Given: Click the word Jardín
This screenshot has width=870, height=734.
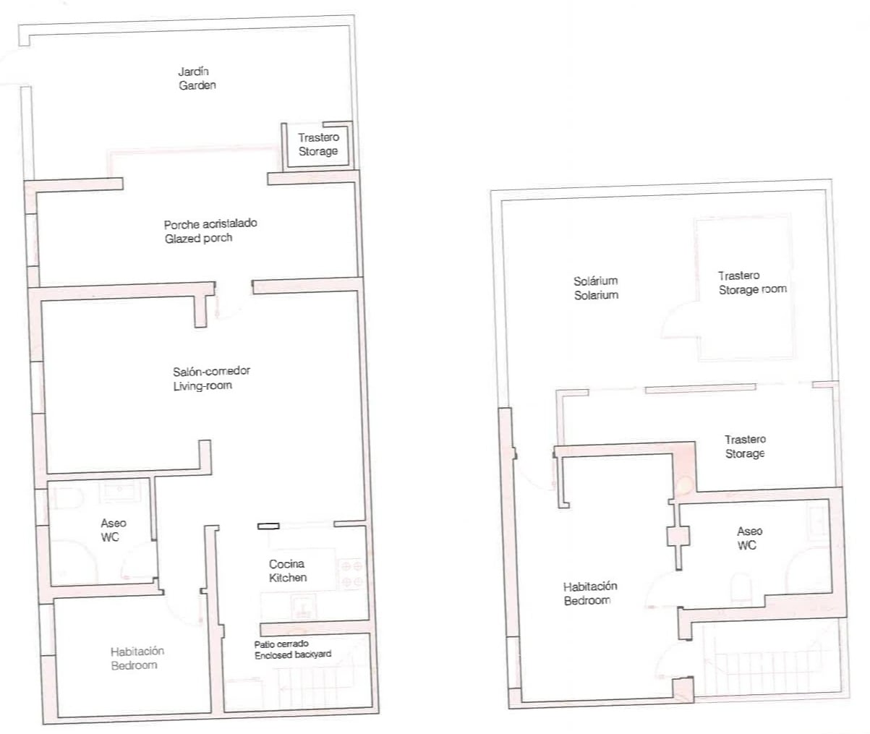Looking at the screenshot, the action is point(193,72).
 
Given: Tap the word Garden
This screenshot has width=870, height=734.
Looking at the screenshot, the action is point(197,85).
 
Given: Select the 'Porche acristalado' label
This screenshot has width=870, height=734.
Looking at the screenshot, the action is point(210,224).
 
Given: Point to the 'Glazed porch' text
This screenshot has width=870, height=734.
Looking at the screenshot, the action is point(198,239).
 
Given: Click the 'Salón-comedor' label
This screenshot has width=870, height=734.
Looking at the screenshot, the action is point(211,371).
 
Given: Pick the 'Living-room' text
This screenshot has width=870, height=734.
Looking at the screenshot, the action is point(202,385).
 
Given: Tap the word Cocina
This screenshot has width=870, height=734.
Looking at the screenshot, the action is point(286,564).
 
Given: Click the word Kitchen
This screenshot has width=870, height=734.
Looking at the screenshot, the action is point(288,578).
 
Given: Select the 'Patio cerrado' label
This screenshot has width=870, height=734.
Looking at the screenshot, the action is point(281,644).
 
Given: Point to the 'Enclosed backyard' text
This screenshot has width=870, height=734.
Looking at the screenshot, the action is point(293,655).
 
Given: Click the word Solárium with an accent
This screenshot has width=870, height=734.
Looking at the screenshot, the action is point(595,281).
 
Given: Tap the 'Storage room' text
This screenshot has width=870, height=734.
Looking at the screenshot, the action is point(753,289).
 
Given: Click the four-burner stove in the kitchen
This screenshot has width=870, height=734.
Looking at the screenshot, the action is point(351,574).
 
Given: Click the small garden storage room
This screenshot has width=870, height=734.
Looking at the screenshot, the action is point(317,145).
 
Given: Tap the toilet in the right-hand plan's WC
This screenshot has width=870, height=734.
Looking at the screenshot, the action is point(741,588).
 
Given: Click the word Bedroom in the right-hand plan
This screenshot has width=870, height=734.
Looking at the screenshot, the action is point(587,601).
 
